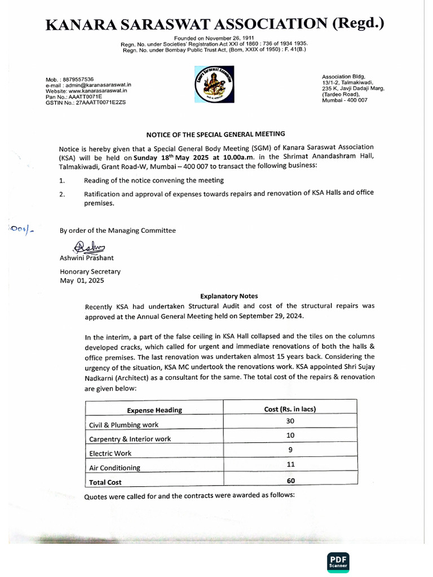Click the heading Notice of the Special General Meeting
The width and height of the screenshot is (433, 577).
tap(215, 134)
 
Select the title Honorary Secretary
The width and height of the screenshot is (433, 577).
tap(90, 271)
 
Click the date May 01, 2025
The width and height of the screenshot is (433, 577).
tap(82, 280)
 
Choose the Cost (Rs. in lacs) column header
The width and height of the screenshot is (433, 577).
tap(290, 409)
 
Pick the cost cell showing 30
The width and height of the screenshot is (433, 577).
tap(290, 421)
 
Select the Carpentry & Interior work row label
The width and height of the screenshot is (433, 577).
tap(130, 439)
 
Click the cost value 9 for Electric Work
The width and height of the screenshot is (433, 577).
tap(290, 450)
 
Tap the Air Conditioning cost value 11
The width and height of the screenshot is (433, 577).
tap(290, 464)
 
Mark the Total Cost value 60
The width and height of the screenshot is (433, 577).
tap(290, 481)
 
